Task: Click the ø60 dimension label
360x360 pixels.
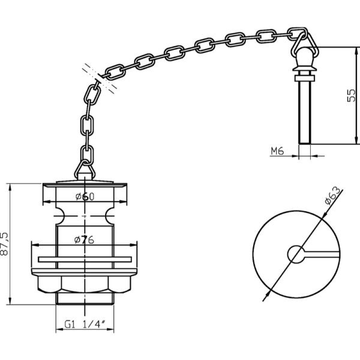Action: (x=85, y=197)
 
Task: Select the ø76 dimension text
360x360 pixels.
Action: (x=84, y=240)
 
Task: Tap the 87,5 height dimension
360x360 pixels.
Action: (x=4, y=244)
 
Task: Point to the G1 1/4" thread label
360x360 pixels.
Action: (x=85, y=325)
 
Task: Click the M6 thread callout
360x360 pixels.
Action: (x=277, y=151)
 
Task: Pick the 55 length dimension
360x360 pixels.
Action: (x=351, y=95)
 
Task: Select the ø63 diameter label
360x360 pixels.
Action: (x=332, y=196)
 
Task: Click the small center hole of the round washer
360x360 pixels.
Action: (x=296, y=254)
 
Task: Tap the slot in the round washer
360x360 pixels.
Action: (x=322, y=254)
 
